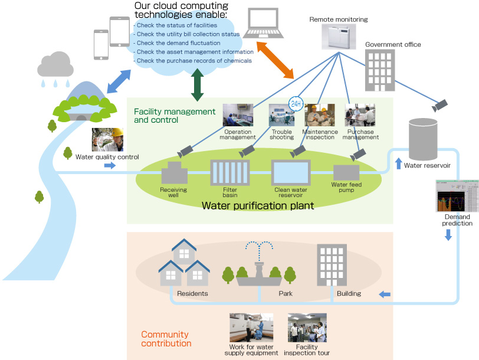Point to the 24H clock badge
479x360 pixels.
(x=295, y=104)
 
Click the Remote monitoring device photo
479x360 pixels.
(x=339, y=36)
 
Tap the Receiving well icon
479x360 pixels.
(x=173, y=174)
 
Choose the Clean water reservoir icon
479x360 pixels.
(x=290, y=172)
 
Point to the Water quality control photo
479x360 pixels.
(x=107, y=139)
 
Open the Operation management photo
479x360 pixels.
(x=238, y=114)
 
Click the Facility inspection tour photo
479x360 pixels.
(x=307, y=328)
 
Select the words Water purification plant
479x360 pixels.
(x=250, y=206)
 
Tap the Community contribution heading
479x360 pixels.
(x=166, y=339)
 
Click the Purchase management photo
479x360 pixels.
(x=360, y=115)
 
